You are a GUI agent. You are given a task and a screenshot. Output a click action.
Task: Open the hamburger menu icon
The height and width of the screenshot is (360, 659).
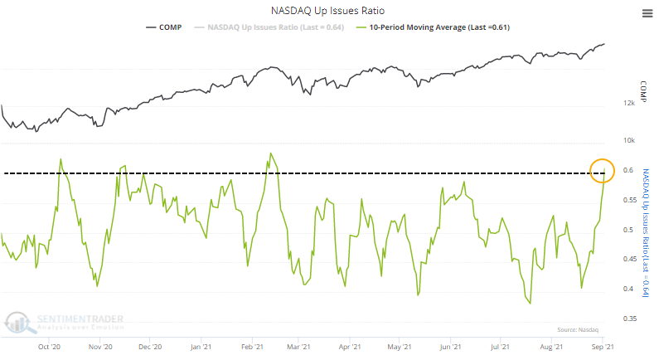tap(646, 12)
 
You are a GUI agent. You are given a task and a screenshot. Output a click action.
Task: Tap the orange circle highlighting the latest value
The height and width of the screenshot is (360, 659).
tap(603, 170)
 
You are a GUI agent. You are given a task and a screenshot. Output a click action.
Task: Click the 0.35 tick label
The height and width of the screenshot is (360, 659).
tap(630, 319)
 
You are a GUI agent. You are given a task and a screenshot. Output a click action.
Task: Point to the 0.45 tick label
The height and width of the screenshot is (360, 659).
tap(630, 260)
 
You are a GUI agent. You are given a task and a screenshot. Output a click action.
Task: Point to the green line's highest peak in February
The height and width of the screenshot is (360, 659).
tap(270, 153)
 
